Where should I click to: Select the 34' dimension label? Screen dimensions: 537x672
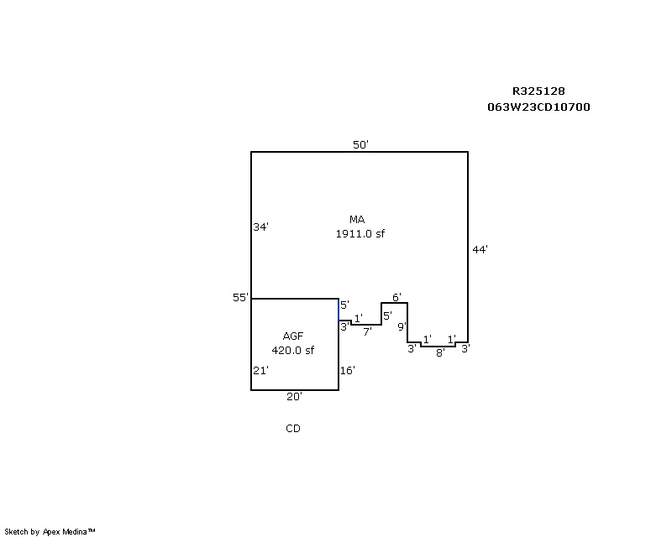point(260,227)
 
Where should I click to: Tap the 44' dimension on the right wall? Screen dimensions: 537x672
point(480,249)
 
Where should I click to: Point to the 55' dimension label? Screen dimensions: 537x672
point(241,298)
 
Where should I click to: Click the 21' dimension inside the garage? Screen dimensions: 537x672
point(260,370)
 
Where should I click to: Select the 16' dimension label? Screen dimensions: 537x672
point(348,370)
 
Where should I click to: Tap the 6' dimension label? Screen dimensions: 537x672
point(396,297)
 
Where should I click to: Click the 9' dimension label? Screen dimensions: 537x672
point(402,326)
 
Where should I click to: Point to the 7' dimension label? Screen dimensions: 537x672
point(367,331)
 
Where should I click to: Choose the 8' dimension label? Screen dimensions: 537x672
point(440,353)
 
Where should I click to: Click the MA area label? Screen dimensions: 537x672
point(358,220)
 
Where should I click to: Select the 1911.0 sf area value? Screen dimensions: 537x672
point(360,234)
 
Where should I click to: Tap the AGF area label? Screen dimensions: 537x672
point(292,336)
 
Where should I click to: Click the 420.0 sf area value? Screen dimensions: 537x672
point(292,350)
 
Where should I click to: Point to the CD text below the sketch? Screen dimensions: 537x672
point(292,429)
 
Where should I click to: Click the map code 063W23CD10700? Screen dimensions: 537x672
point(538,107)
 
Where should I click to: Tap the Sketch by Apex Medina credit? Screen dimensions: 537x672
point(50,531)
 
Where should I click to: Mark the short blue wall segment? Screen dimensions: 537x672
point(339,310)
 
